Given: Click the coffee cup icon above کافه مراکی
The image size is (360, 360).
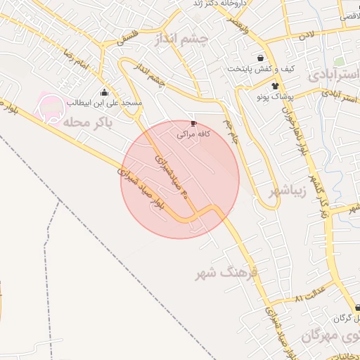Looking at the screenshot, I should click(x=194, y=123).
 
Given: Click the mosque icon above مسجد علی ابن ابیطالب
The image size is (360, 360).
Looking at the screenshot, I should click(x=105, y=93).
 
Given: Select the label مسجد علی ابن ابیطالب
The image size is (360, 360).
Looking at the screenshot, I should click(x=105, y=103).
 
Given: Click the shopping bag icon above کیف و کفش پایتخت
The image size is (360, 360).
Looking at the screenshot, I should click(x=261, y=58).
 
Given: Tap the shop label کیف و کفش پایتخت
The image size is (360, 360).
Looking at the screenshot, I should click(x=260, y=69).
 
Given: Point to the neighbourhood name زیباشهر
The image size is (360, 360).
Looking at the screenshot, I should click(x=289, y=191).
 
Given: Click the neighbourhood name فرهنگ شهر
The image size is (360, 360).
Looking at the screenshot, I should click(x=227, y=274).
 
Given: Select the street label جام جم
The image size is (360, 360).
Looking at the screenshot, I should click(x=231, y=131).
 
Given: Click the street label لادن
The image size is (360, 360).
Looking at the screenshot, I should click(x=305, y=34).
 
